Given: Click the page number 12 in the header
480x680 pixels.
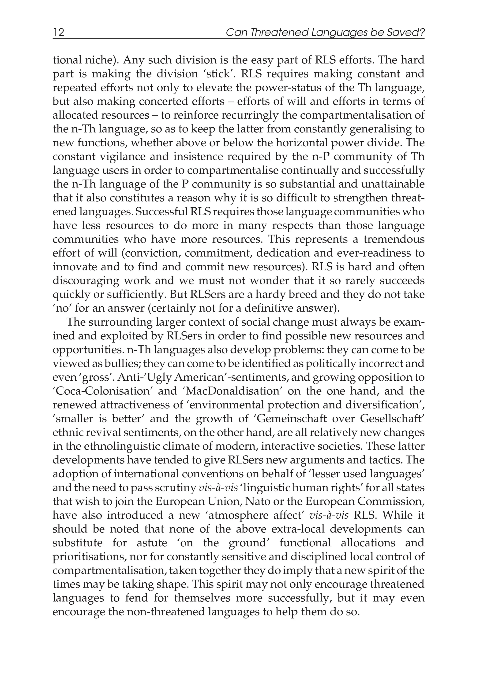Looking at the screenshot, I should (58, 32).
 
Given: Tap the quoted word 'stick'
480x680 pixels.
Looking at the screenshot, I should (215, 74).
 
